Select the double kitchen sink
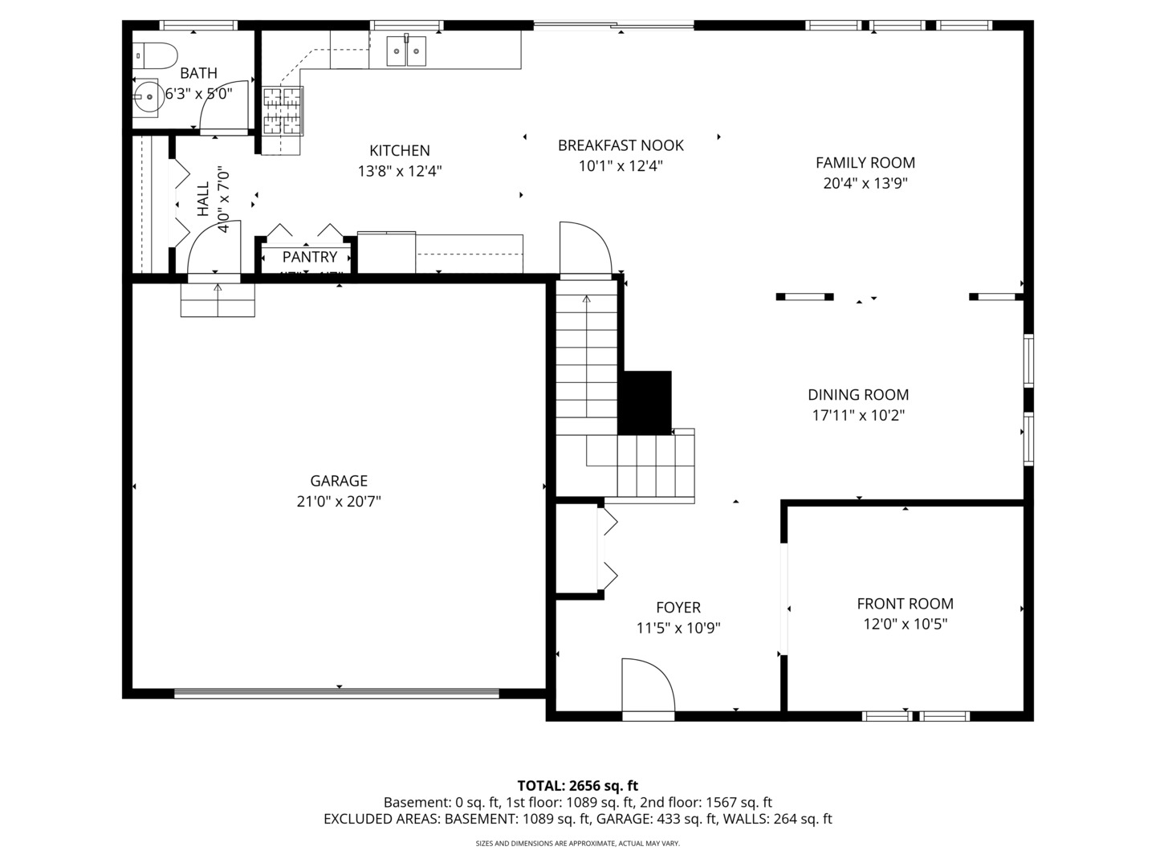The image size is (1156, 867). coord(407,51)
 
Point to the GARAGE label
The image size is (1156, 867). coord(339,481)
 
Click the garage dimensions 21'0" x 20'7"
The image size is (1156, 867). coord(339,502)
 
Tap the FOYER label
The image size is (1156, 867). coord(678,608)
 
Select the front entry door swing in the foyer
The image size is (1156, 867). coord(647,686)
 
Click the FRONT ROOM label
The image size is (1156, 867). coord(905,604)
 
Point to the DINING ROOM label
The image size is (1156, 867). coord(858,395)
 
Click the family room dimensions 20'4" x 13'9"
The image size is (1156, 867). coord(865,183)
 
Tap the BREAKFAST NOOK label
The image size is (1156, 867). coord(621,145)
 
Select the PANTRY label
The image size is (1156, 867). coord(310,257)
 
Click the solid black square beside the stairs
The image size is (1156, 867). coord(646,401)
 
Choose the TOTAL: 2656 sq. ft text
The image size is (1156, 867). coord(577,786)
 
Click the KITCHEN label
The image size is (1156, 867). coord(399,150)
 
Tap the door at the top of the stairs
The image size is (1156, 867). coord(584,249)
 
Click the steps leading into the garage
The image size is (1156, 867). coord(218,300)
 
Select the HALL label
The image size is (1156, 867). coord(202,198)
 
